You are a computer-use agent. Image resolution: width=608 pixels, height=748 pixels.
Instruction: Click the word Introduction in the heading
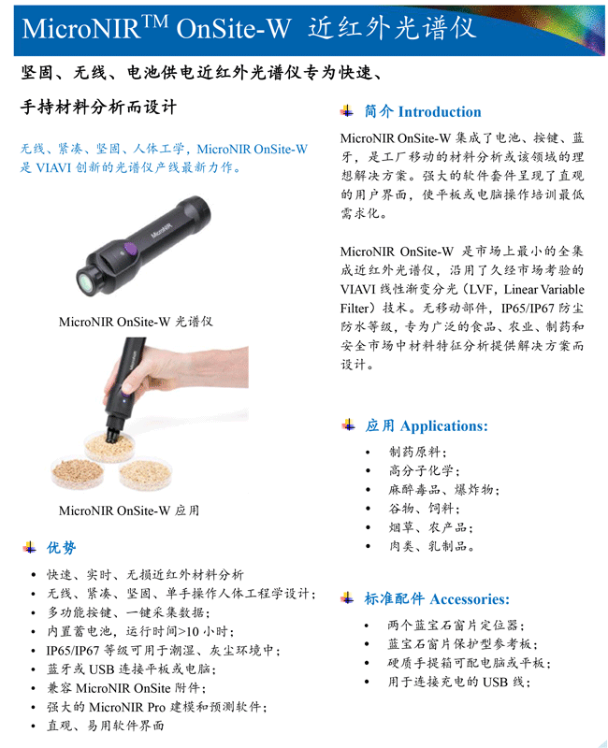tap(440, 111)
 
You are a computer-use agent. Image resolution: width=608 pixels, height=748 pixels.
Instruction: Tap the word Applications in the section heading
tap(443, 425)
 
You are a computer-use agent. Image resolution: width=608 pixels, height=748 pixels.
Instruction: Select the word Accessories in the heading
tap(470, 598)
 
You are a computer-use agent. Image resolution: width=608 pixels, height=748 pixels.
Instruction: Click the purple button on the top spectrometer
tap(130, 249)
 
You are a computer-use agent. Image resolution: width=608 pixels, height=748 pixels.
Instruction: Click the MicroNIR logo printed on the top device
tap(162, 229)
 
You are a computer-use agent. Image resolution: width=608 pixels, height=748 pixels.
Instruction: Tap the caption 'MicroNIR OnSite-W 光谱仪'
tap(136, 322)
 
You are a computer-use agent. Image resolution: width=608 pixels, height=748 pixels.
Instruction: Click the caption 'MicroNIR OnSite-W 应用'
tap(129, 511)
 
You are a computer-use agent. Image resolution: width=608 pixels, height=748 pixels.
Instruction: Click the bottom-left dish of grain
tap(78, 473)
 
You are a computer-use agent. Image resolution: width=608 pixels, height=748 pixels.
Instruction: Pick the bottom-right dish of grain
tap(145, 474)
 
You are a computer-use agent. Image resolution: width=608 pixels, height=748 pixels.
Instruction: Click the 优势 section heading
tap(61, 547)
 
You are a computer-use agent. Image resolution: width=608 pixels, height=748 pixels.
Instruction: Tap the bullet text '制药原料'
tap(414, 452)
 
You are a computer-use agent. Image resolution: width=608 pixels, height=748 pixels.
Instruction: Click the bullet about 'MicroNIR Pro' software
tap(156, 707)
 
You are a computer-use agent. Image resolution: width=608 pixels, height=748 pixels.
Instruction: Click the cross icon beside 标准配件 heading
tap(347, 598)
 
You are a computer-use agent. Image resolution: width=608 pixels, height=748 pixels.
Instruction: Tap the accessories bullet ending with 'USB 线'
tap(458, 682)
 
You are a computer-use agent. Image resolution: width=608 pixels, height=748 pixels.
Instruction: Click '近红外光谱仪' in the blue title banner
tap(392, 28)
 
